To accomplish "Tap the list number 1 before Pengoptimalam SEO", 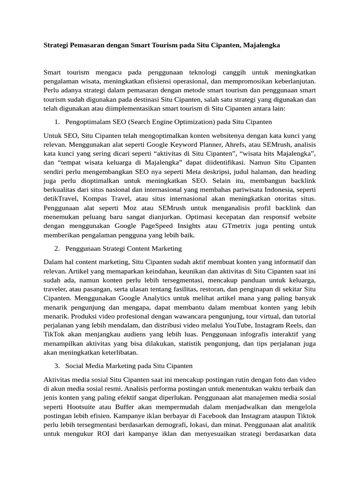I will tap(56, 122).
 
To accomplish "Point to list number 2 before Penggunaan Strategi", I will tap(56, 248).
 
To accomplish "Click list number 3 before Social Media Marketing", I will tap(56, 365).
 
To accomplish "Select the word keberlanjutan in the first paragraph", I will tap(292, 81).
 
